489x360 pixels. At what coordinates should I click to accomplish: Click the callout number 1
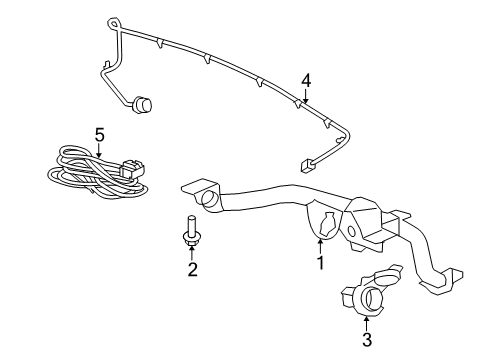pyautogui.click(x=320, y=264)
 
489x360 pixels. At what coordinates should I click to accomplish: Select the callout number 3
pyautogui.click(x=366, y=342)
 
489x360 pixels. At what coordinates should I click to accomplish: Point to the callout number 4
pyautogui.click(x=307, y=80)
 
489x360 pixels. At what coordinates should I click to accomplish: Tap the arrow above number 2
pyautogui.click(x=191, y=249)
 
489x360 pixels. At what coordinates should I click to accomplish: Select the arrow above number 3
pyautogui.click(x=366, y=322)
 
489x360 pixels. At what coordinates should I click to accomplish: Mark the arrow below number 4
pyautogui.click(x=306, y=97)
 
